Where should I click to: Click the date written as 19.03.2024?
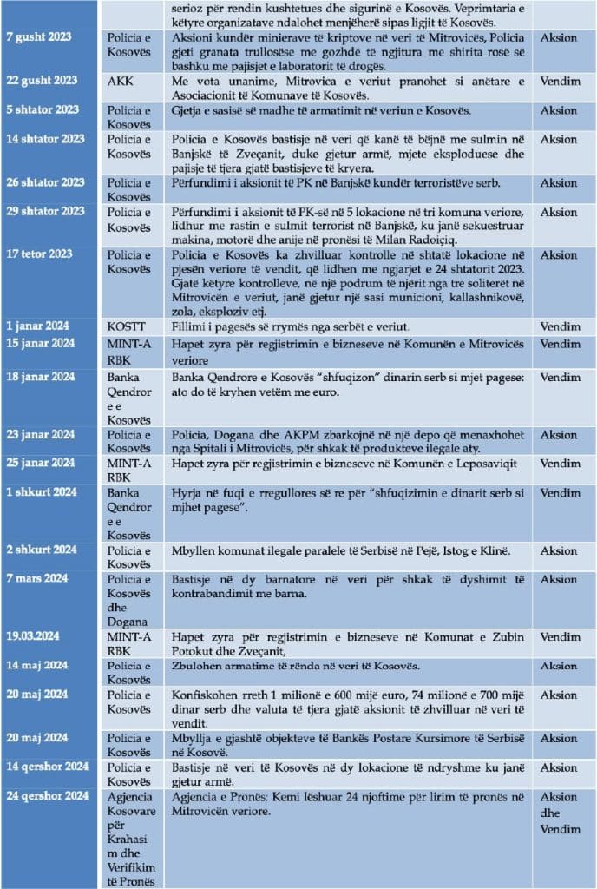[x=37, y=636]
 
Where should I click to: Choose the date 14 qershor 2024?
[x=49, y=767]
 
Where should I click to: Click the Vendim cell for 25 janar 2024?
[x=560, y=464]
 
